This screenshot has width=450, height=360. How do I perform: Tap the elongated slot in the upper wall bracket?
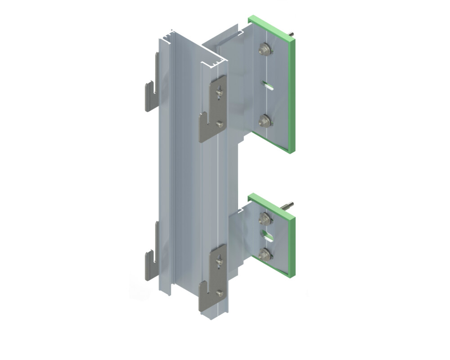268,85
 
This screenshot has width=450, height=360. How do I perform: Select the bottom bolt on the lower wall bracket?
265,254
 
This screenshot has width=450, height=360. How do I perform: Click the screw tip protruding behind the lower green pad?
288,205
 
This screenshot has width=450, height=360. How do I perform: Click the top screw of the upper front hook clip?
219,91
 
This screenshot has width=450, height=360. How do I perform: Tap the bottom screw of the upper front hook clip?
219,125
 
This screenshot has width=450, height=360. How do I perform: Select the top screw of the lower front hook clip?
219,260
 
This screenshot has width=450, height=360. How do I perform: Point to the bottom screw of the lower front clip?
219,293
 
